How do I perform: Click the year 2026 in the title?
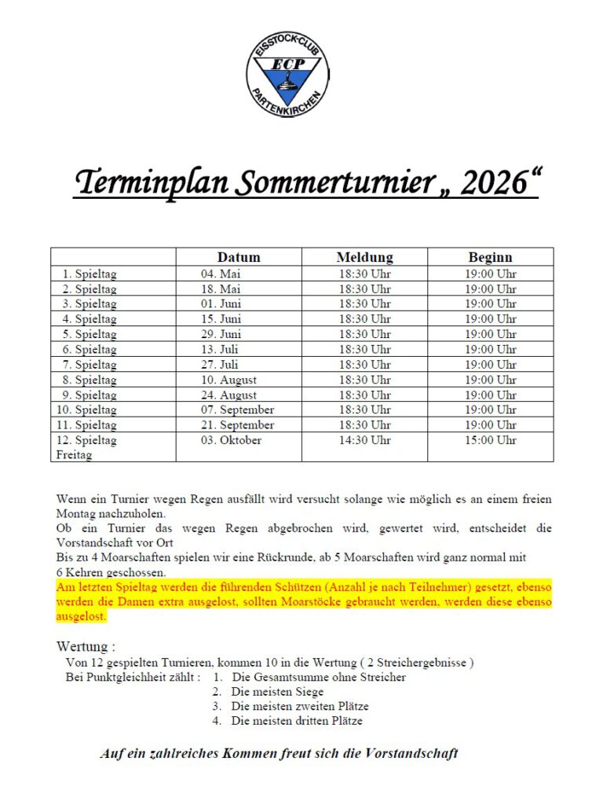pos(492,183)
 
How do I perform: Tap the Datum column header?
pos(239,257)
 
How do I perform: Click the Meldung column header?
pos(364,257)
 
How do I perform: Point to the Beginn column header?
pos(490,257)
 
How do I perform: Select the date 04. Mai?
pos(220,274)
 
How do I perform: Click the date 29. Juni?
pos(221,334)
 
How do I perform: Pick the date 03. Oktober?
pos(231,440)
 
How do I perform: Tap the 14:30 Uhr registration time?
pos(364,440)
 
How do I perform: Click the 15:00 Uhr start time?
pos(491,440)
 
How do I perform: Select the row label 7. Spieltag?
pos(90,365)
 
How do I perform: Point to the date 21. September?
pos(236,425)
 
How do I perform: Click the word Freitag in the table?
pos(75,455)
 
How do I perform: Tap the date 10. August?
pos(228,380)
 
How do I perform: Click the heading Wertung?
pos(85,647)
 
